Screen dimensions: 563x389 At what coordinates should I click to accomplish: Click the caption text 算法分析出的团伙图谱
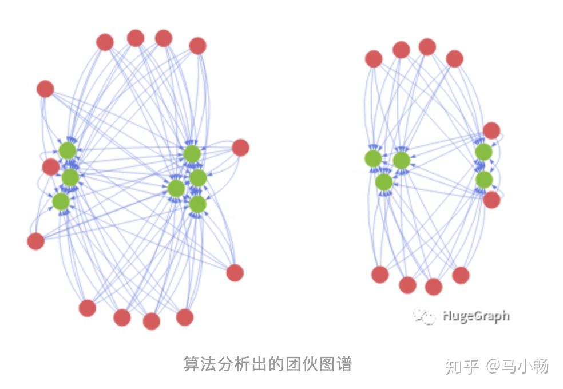pyautogui.click(x=267, y=364)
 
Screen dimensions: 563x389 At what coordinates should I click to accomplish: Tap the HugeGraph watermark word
pyautogui.click(x=475, y=315)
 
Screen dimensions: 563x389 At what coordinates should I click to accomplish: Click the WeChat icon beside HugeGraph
pyautogui.click(x=424, y=315)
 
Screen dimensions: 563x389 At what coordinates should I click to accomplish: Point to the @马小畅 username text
pyautogui.click(x=517, y=366)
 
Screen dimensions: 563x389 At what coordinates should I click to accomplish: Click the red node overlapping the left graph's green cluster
pyautogui.click(x=51, y=167)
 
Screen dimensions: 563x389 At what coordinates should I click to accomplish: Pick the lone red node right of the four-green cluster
pyautogui.click(x=240, y=148)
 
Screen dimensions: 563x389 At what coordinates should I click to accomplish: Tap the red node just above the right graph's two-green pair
pyautogui.click(x=491, y=130)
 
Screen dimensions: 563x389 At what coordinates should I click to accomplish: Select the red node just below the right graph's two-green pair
pyautogui.click(x=491, y=200)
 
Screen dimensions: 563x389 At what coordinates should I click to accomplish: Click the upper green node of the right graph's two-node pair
pyautogui.click(x=483, y=152)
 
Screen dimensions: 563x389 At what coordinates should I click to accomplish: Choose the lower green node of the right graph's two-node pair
pyautogui.click(x=484, y=180)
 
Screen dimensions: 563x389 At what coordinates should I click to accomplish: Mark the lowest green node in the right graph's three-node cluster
pyautogui.click(x=384, y=182)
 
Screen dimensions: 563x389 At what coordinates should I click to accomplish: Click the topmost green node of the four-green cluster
pyautogui.click(x=192, y=153)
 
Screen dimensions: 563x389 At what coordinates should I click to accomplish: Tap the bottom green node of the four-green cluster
pyautogui.click(x=197, y=204)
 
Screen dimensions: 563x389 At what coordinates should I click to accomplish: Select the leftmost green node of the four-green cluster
pyautogui.click(x=176, y=188)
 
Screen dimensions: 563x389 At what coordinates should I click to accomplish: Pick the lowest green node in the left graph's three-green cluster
pyautogui.click(x=61, y=201)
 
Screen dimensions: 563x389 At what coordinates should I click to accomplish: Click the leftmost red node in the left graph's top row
pyautogui.click(x=105, y=42)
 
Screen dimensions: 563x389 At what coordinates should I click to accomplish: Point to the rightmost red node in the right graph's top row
pyautogui.click(x=454, y=58)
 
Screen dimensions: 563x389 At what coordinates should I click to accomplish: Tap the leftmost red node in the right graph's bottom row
pyautogui.click(x=380, y=275)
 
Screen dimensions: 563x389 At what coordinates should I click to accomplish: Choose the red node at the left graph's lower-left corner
pyautogui.click(x=35, y=241)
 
